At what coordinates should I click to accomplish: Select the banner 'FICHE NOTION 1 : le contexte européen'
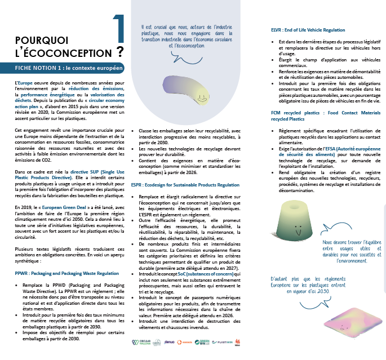(x=63, y=68)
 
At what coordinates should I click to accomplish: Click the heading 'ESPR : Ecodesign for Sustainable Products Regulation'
(x=186, y=184)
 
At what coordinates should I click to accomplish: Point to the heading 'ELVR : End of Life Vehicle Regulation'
(x=308, y=30)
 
